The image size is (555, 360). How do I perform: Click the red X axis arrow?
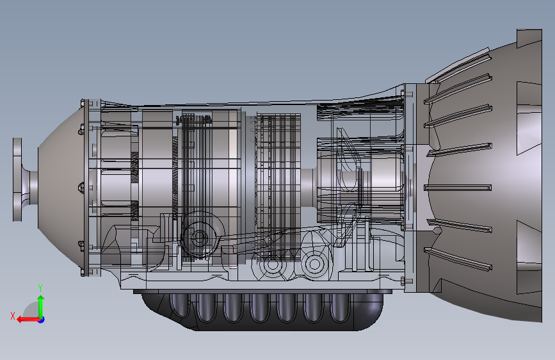pyautogui.click(x=28, y=320)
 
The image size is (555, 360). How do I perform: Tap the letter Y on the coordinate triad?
pyautogui.click(x=40, y=288)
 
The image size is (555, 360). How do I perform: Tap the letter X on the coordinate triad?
pyautogui.click(x=13, y=316)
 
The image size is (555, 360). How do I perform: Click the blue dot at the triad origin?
pyautogui.click(x=42, y=320)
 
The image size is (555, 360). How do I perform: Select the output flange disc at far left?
pyautogui.click(x=17, y=179)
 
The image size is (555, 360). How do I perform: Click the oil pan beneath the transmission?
pyautogui.click(x=262, y=310)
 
